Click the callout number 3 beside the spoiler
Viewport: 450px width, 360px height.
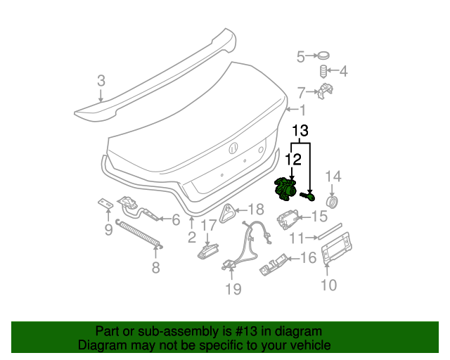click(x=101, y=81)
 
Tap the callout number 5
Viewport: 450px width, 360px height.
click(x=300, y=56)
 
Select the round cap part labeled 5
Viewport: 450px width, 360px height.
click(x=323, y=56)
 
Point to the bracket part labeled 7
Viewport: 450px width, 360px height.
click(x=325, y=91)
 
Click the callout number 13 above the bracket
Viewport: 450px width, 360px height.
click(x=300, y=131)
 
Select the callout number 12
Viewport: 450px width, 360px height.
click(x=294, y=160)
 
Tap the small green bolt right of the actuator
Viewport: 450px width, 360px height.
click(x=307, y=195)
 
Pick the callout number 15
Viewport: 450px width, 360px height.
click(x=319, y=217)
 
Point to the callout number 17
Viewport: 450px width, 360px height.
click(x=209, y=226)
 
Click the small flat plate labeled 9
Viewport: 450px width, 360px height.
click(x=105, y=203)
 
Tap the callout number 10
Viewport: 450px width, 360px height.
click(x=328, y=285)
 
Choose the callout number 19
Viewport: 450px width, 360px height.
click(x=233, y=288)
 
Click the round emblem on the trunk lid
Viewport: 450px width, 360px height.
click(x=233, y=148)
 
